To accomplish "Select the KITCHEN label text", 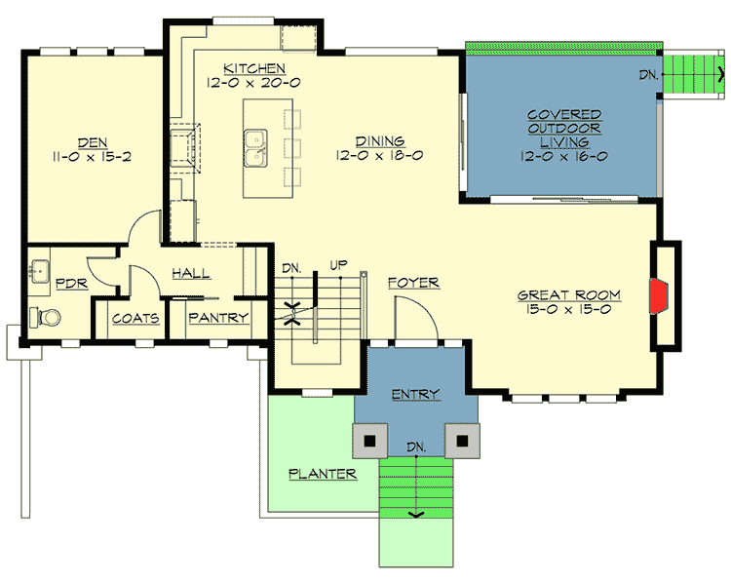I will click(254, 68).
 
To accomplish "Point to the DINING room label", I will click(379, 140).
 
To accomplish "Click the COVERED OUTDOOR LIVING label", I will click(563, 129).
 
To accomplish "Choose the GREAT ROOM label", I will click(568, 294).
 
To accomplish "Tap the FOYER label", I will click(412, 283).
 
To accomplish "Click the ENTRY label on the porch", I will click(415, 394).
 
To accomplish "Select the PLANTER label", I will click(323, 474).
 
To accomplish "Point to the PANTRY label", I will click(218, 318).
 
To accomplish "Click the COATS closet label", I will click(135, 318).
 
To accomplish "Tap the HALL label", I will click(191, 275).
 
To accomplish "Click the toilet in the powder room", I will click(45, 317).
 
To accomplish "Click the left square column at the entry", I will click(369, 441).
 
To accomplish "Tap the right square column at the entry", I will click(462, 441).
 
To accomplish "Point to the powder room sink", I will click(41, 270).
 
